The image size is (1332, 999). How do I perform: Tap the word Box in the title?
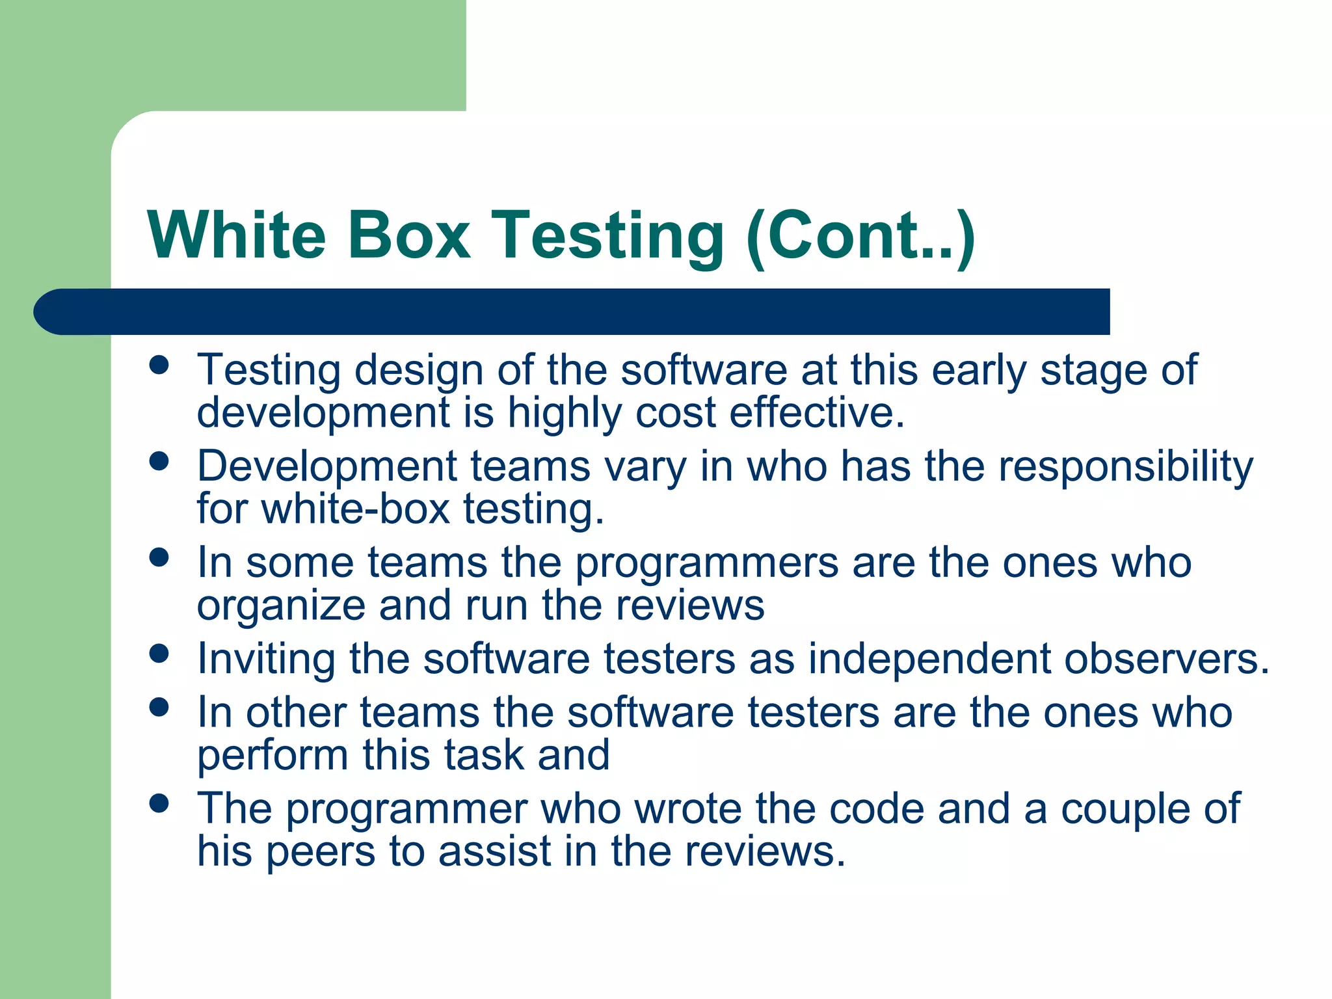point(408,235)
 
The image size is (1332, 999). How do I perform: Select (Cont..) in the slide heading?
point(860,236)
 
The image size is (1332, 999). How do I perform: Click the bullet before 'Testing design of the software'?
point(159,365)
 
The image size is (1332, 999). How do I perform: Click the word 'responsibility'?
point(1125,467)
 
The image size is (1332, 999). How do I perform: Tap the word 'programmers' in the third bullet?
point(707,563)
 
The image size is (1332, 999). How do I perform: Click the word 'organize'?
point(281,606)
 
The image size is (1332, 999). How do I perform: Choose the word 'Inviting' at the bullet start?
point(266,659)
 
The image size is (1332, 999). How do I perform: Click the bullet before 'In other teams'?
point(159,707)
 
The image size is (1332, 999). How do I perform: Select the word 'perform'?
point(273,756)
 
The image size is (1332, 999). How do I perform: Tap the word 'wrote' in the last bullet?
point(687,808)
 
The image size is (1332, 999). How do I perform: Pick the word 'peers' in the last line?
point(321,851)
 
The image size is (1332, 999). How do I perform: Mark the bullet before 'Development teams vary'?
point(159,461)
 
